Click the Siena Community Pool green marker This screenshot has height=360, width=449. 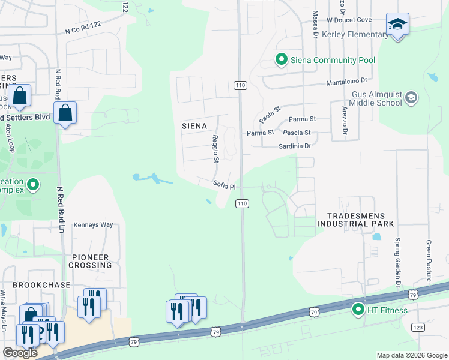pyautogui.click(x=280, y=59)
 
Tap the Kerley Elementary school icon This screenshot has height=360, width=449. pyautogui.click(x=396, y=25)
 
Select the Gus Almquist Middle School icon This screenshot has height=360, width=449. pyautogui.click(x=411, y=98)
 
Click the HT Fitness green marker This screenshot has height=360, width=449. pyautogui.click(x=358, y=310)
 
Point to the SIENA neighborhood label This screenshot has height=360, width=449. pyautogui.click(x=194, y=126)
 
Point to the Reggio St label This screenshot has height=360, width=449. pyautogui.click(x=215, y=148)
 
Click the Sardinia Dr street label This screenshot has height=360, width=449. pyautogui.click(x=294, y=146)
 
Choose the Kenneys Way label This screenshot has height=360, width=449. pyautogui.click(x=93, y=225)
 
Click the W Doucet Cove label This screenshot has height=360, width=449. pyautogui.click(x=349, y=20)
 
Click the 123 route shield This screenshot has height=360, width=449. pyautogui.click(x=418, y=327)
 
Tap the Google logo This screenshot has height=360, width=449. pyautogui.click(x=20, y=353)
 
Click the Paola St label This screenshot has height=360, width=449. pyautogui.click(x=270, y=113)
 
